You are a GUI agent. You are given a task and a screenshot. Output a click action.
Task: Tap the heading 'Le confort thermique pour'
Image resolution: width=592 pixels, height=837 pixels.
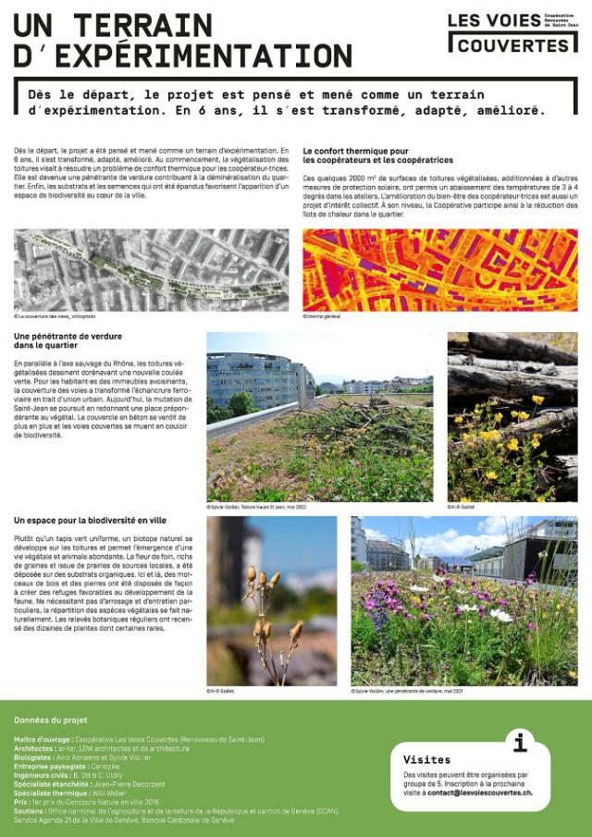point(356,151)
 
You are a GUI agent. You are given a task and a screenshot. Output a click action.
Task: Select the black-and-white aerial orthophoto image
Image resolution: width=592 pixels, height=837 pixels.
point(151,270)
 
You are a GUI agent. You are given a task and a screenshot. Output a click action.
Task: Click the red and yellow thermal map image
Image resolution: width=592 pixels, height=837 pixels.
point(439,270)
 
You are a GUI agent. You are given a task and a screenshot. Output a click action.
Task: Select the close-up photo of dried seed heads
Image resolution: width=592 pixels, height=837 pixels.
point(271,601)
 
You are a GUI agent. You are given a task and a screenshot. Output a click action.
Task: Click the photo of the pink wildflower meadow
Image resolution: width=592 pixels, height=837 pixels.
point(463,601)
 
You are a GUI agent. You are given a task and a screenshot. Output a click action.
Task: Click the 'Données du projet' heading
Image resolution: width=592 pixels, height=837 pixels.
point(50,720)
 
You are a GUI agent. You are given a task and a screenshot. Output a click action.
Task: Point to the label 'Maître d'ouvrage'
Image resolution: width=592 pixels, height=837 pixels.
point(43,740)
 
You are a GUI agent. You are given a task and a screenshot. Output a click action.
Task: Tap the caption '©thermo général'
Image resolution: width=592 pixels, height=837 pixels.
point(322,315)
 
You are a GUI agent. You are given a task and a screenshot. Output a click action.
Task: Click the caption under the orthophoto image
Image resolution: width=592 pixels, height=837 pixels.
point(55,315)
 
